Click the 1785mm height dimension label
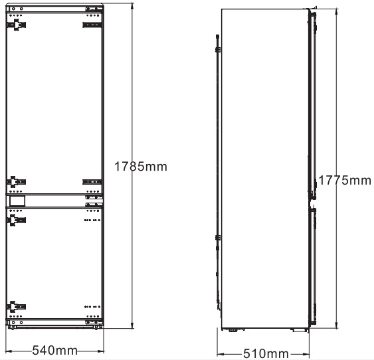pos(141,167)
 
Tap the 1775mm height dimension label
pos(345,180)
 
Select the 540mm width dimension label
pos(55,351)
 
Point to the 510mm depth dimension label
pos(266,353)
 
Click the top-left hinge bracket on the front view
pos(16,25)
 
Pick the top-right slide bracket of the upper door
pos(92,25)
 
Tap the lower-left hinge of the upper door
pos(16,182)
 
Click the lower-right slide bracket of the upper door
pos(92,182)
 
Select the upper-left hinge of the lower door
pos(16,220)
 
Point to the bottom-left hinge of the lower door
pos(16,307)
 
